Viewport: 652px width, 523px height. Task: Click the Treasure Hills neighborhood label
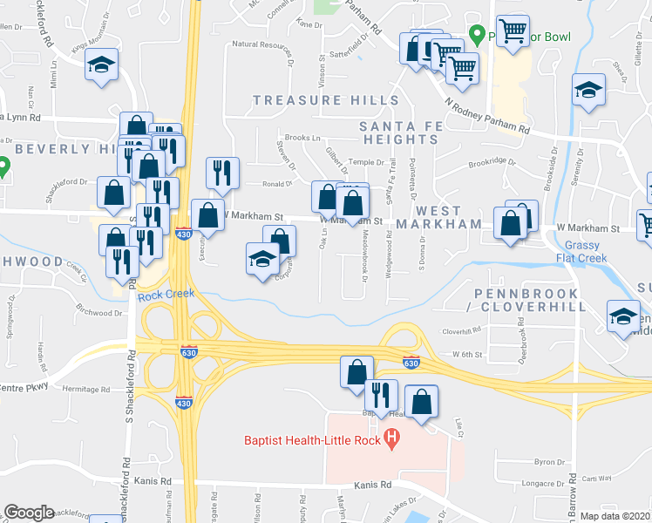point(326,100)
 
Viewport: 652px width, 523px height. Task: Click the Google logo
point(29,513)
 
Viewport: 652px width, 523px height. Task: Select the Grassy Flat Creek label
point(581,252)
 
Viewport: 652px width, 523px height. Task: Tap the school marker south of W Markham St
point(261,259)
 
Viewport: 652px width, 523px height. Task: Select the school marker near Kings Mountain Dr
point(102,65)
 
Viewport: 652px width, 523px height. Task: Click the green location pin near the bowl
point(477,35)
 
